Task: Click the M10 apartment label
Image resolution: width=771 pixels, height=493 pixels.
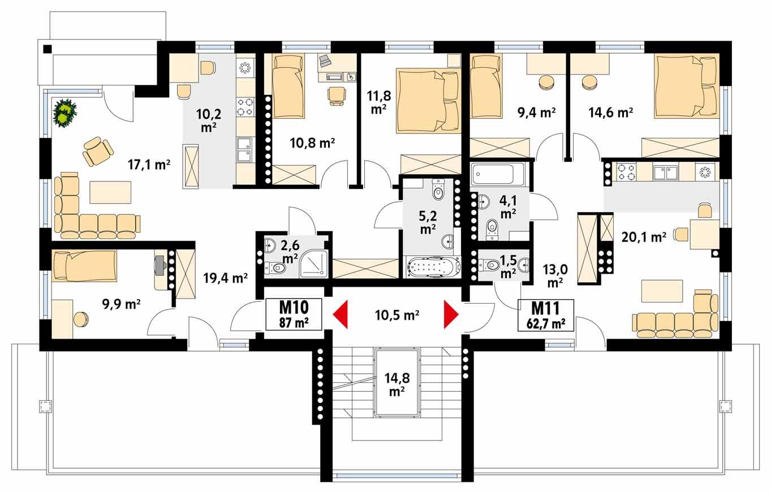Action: click(294, 314)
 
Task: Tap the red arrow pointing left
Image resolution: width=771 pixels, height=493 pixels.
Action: click(339, 315)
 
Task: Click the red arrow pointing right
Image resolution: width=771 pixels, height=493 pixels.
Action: click(451, 315)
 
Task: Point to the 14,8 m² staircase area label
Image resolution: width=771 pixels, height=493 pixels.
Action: click(396, 383)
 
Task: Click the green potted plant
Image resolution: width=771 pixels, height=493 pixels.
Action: click(66, 112)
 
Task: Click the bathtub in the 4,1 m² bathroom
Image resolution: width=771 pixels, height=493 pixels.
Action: click(498, 174)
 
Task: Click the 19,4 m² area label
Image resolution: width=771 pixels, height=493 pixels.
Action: click(226, 278)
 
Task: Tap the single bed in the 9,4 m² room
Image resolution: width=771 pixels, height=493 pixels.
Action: click(486, 87)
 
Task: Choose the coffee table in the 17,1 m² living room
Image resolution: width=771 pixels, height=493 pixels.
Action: click(110, 192)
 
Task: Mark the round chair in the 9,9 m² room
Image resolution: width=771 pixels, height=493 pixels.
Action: click(81, 319)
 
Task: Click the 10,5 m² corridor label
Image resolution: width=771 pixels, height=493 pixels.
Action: click(396, 315)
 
